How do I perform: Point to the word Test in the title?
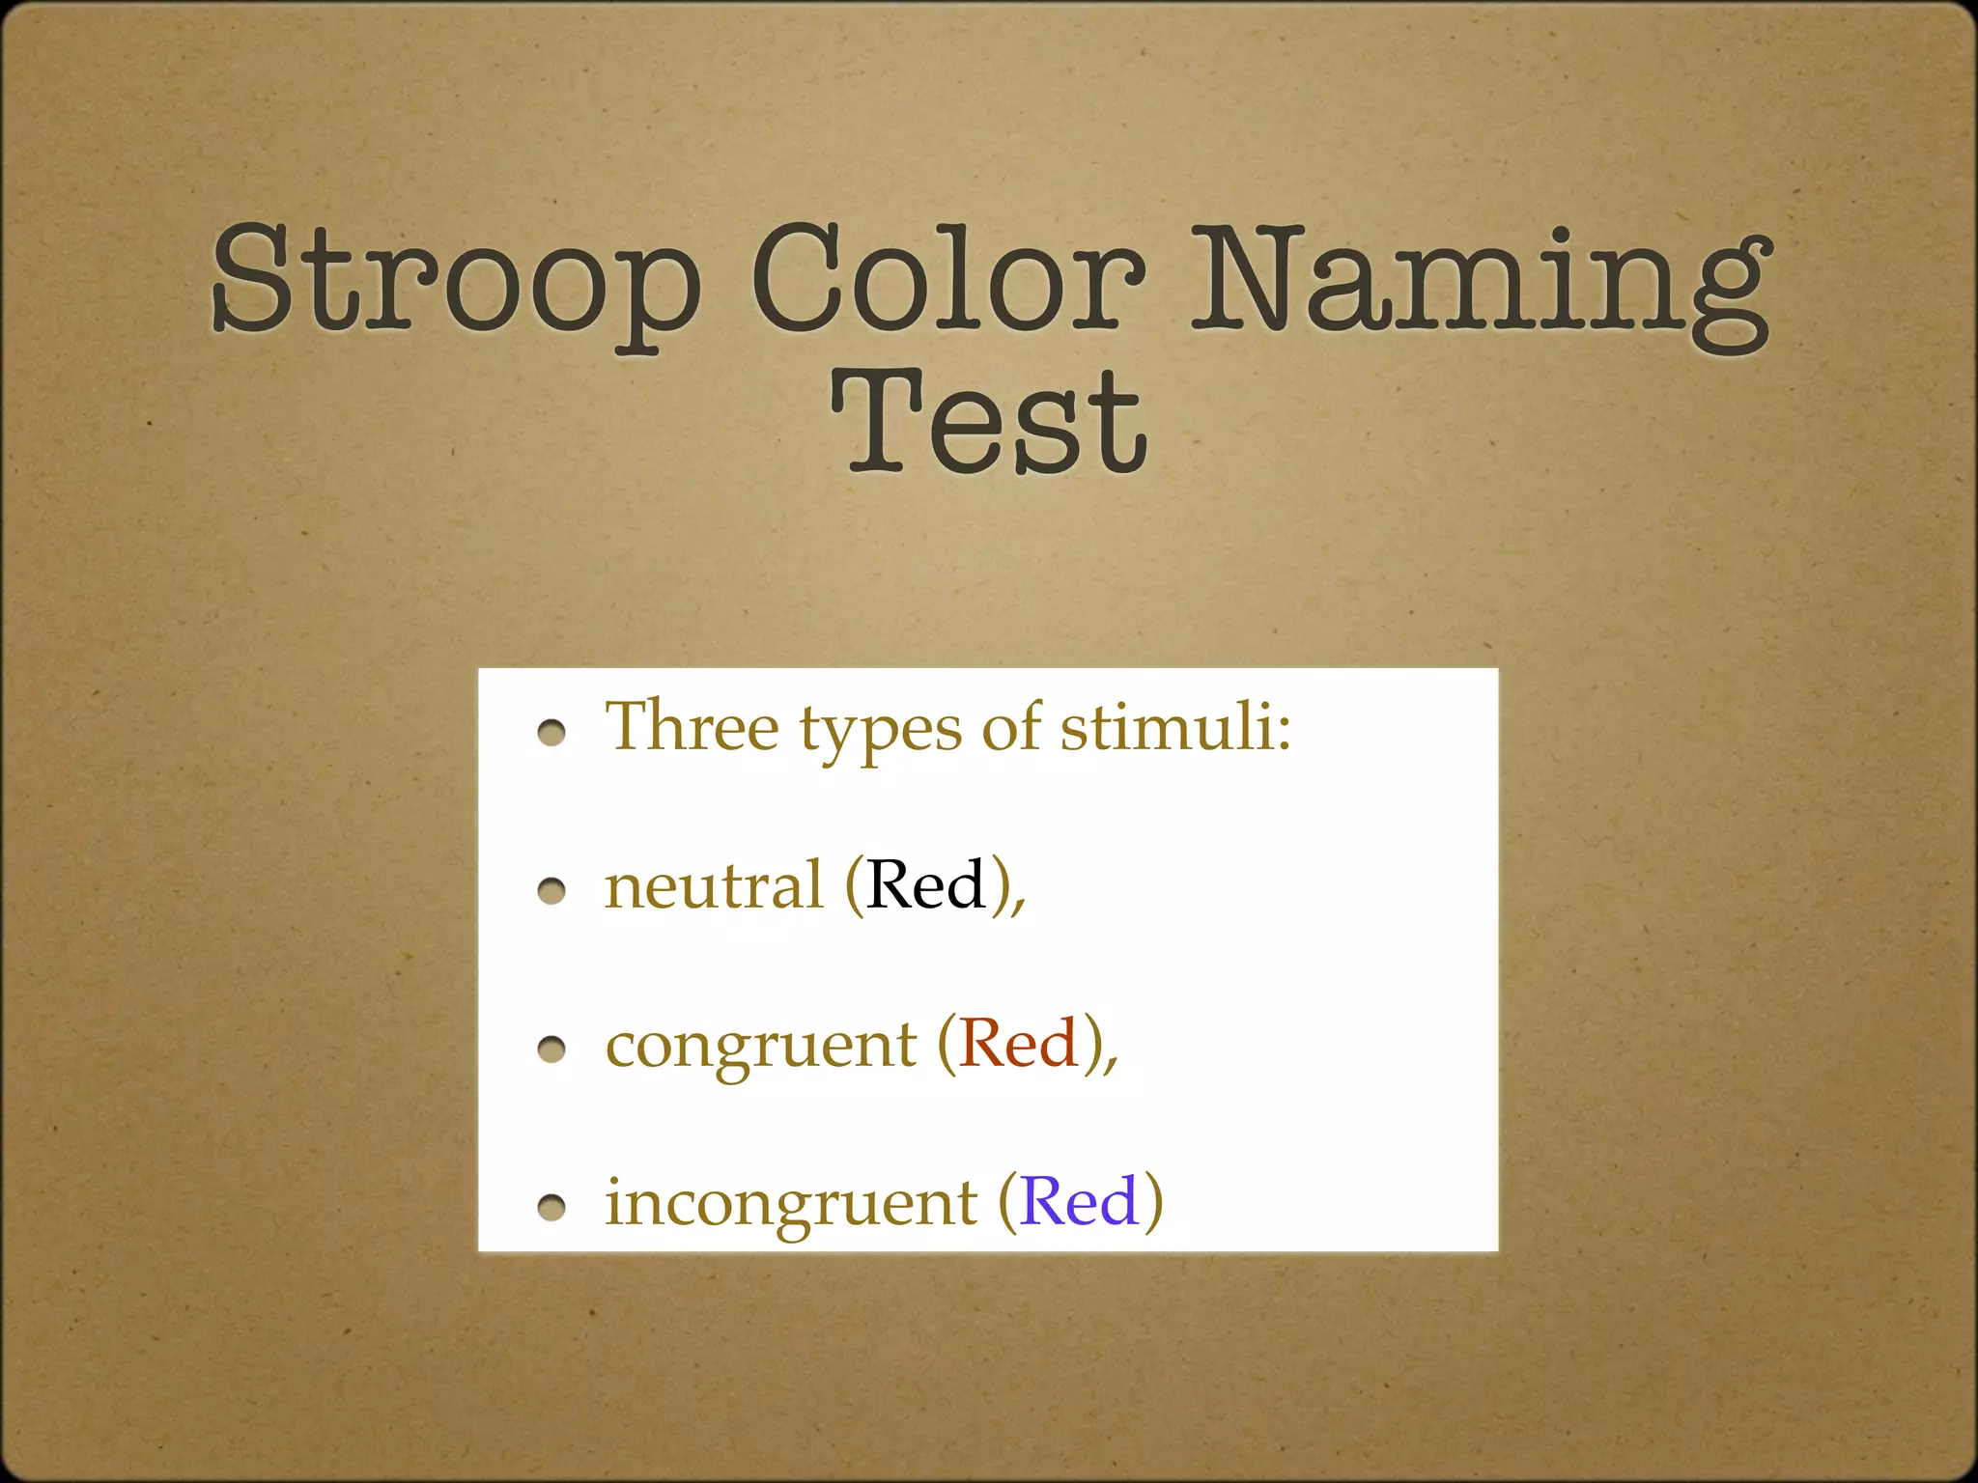pos(989,425)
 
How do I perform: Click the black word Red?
pos(925,884)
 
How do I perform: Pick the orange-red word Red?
pos(1018,1044)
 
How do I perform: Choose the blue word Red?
pos(1079,1202)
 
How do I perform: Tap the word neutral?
pos(713,886)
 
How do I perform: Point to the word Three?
pos(692,726)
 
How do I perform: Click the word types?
pos(880,730)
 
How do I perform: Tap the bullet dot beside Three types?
pos(551,734)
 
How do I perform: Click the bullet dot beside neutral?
pos(551,891)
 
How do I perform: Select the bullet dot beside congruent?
pos(551,1049)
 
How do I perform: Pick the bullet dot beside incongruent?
pos(551,1207)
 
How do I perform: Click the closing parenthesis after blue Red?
pos(1153,1203)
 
